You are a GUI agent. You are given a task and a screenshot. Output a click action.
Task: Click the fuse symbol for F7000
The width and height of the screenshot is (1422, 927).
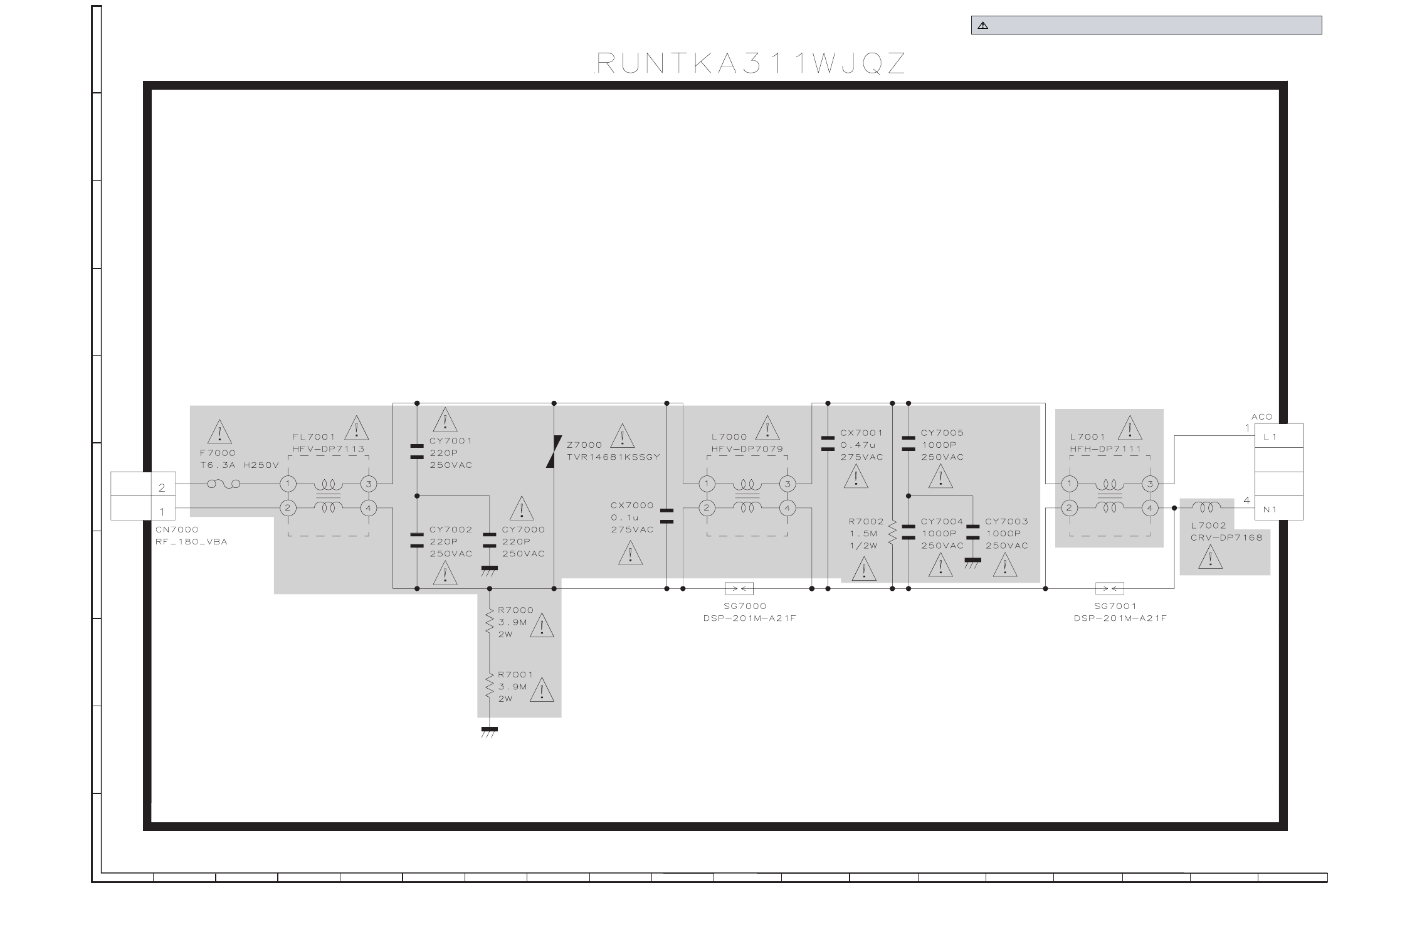point(223,484)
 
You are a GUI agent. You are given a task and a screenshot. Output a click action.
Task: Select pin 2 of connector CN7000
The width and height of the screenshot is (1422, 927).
point(162,487)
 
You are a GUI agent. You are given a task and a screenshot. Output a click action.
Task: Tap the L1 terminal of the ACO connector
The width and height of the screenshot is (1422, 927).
point(1278,436)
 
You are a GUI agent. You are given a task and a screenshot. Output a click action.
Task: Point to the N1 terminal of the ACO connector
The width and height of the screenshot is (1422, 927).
point(1278,509)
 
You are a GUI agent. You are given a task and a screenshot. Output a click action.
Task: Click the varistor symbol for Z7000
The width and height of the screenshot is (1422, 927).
point(554,452)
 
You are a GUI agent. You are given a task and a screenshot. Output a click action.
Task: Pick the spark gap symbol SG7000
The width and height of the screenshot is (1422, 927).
point(739,588)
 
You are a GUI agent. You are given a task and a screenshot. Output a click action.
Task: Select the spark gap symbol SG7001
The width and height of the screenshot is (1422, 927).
point(1109,588)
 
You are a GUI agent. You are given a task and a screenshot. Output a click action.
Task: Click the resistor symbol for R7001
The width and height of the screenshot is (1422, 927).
point(490,686)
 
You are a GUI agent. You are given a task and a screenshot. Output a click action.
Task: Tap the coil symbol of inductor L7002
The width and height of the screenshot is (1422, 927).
point(1206,506)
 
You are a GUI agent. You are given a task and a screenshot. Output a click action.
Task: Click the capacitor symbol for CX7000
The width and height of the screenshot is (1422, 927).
point(666,516)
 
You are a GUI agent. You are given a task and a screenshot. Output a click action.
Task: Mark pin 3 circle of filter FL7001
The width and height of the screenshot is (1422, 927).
point(369,484)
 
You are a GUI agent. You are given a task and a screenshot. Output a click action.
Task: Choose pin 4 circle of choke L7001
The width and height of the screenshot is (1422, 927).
point(1150,508)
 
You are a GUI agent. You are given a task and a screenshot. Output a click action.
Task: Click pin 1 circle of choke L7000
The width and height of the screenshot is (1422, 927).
point(707,484)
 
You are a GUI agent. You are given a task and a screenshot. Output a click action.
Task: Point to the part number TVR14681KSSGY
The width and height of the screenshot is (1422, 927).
point(613,457)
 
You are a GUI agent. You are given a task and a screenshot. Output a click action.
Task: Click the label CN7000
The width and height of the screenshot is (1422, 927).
point(177,529)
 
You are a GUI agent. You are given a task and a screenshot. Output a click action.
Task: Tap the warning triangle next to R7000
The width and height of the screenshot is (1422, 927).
point(542,625)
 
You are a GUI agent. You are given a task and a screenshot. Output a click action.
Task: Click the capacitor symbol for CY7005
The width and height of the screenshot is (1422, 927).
point(908,444)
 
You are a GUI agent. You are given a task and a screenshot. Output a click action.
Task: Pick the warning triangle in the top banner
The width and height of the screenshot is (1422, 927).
point(982,26)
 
